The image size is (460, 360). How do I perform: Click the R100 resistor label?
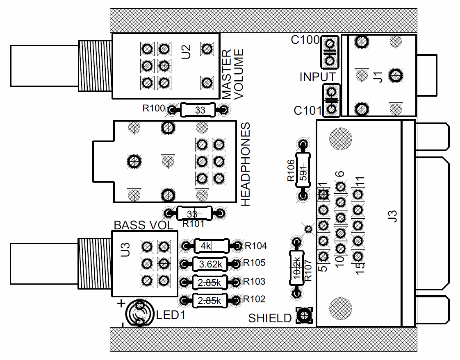point(154,109)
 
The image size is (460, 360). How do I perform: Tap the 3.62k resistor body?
point(210,264)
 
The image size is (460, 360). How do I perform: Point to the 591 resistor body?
point(303,170)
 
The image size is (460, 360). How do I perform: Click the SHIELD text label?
point(270,318)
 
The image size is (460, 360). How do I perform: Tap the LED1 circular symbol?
point(139,314)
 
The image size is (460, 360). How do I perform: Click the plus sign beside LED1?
point(121,303)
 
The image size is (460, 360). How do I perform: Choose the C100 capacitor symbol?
point(330,52)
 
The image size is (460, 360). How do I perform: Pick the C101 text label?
point(308,111)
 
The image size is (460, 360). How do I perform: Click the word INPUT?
point(317,77)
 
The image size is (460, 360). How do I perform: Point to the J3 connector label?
point(393,216)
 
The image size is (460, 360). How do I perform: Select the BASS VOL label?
point(143,225)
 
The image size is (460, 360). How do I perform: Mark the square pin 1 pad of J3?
point(323,194)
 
